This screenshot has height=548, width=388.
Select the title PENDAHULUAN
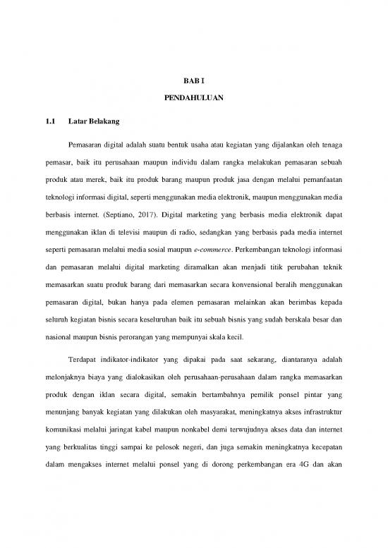[x=194, y=102]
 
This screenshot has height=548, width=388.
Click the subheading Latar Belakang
[x=95, y=122]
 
